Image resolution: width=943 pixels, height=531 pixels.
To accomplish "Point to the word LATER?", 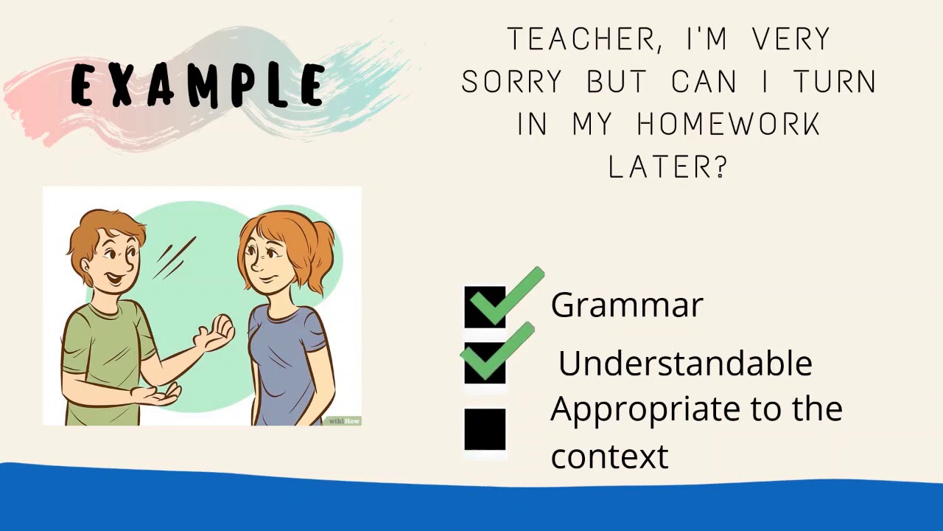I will [668, 167].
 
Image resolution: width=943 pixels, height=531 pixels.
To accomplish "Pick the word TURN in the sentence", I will [835, 83].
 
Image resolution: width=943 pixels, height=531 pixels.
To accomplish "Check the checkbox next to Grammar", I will [485, 307].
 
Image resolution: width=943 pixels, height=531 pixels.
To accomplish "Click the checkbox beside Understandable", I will [485, 363].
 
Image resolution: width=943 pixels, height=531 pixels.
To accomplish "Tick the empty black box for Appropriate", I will [485, 429].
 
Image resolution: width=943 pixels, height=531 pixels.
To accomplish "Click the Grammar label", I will [626, 305].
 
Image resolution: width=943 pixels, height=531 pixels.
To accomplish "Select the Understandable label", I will [684, 364].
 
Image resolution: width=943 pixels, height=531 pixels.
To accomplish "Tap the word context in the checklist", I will [609, 457].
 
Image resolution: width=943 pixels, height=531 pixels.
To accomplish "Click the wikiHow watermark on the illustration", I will [344, 421].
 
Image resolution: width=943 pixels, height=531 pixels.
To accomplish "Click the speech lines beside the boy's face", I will [175, 258].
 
